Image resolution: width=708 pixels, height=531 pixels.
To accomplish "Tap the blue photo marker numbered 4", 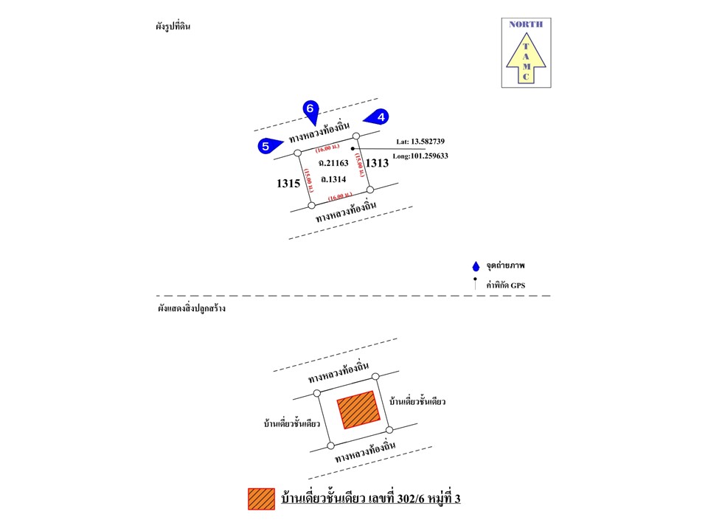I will point(379,117).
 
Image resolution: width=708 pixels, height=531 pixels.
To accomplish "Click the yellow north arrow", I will point(526,60).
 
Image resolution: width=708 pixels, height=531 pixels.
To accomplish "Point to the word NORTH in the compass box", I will point(526,24).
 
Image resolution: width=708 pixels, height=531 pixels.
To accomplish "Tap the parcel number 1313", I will point(378,163).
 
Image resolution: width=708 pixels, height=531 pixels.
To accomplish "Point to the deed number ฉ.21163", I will point(333,162).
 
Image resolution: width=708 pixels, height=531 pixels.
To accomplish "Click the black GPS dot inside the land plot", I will point(353,148).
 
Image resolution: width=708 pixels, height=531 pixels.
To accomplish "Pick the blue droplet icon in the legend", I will point(476,266).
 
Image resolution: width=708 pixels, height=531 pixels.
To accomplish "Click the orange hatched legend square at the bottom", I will point(261,499).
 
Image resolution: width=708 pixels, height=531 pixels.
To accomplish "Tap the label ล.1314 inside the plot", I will point(333,178).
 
